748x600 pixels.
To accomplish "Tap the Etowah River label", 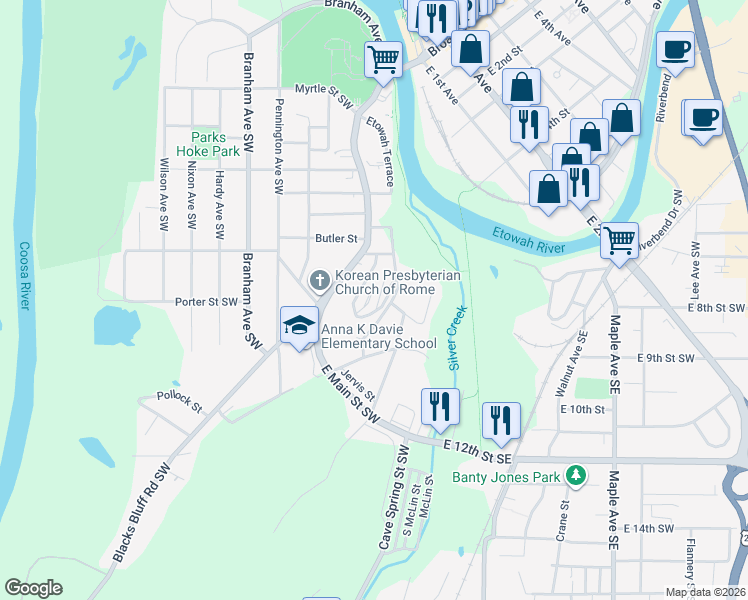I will (529, 240).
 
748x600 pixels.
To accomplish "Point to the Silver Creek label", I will (457, 337).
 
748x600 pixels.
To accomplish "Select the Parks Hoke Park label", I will (208, 143).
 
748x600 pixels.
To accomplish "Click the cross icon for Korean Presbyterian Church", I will (320, 280).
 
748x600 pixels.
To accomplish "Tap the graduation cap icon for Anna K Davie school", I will (298, 324).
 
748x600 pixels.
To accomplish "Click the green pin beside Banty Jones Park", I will (575, 475).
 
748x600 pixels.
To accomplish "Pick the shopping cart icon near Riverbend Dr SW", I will (620, 240).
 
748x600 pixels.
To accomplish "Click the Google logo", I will (33, 588).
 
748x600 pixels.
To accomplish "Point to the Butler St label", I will (336, 239).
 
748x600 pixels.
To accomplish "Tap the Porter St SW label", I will (207, 301).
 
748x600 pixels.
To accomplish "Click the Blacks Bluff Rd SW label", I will (144, 510).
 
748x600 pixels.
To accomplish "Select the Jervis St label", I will (356, 383).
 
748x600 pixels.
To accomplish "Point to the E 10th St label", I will (582, 409).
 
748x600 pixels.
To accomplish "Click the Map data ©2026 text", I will (705, 592).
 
